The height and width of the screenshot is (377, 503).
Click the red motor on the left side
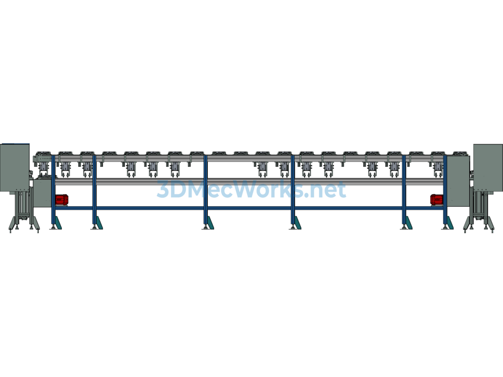(x=61, y=199)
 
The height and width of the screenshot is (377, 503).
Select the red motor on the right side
(x=437, y=199)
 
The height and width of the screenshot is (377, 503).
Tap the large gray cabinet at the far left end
(x=15, y=168)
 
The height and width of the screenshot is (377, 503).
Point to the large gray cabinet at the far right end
(x=488, y=168)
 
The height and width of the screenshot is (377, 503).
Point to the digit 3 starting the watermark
(x=163, y=189)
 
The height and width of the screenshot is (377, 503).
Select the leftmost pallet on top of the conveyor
(x=43, y=154)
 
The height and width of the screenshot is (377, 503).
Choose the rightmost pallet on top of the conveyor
(x=460, y=154)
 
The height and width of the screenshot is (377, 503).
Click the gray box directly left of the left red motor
(x=42, y=193)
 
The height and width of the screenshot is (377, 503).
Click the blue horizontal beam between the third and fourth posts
(x=249, y=208)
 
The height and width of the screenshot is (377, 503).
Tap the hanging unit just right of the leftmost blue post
(x=65, y=169)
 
